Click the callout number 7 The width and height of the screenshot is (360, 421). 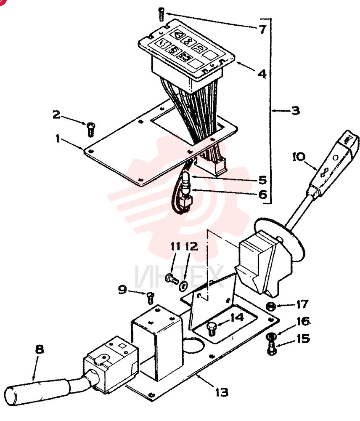[x=262, y=29]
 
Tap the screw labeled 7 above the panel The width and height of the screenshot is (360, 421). [x=161, y=14]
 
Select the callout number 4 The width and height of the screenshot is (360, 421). [x=262, y=74]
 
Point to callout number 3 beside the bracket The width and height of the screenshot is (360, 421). [x=295, y=110]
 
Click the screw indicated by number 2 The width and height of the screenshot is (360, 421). [x=91, y=129]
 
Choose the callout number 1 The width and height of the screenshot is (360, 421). [x=58, y=139]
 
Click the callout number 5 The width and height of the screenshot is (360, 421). [x=262, y=180]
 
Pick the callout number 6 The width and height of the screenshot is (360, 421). [x=262, y=194]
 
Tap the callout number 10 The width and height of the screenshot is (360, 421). [x=299, y=157]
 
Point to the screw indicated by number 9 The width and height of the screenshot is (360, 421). [x=151, y=298]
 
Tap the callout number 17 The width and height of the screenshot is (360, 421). [x=302, y=304]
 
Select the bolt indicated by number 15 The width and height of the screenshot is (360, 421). [x=272, y=348]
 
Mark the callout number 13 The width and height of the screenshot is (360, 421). [x=222, y=392]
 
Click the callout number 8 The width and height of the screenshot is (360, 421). [x=40, y=349]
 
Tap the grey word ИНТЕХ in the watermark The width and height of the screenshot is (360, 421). [x=179, y=276]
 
